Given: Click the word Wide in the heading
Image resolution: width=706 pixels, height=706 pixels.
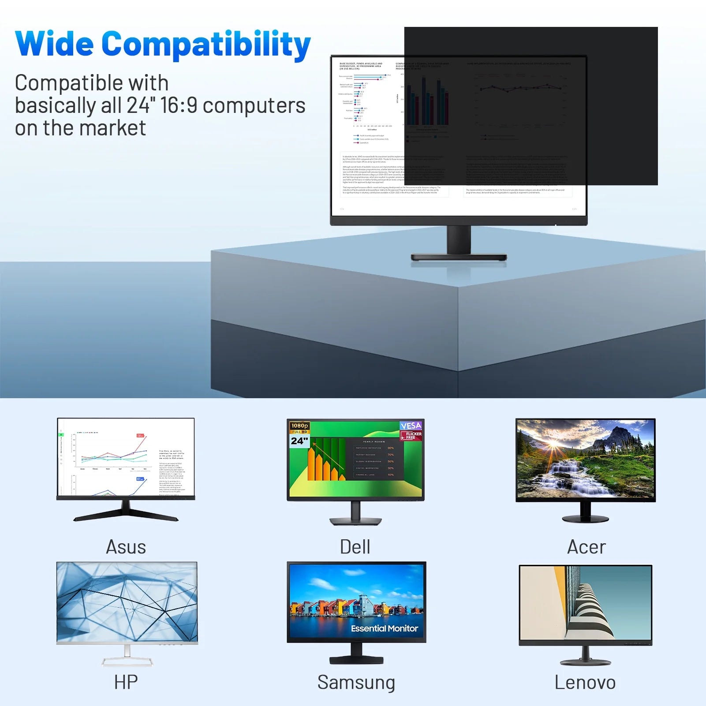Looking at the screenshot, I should pyautogui.click(x=54, y=44).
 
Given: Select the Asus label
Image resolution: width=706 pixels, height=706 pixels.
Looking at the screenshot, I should pyautogui.click(x=126, y=547).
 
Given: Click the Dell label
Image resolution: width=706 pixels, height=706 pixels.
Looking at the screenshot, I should pyautogui.click(x=355, y=547).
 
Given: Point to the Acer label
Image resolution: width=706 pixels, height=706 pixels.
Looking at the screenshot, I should pyautogui.click(x=586, y=547).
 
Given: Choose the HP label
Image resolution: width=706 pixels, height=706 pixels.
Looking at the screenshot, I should pyautogui.click(x=126, y=682).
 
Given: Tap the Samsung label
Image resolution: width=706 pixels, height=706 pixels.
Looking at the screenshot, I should pyautogui.click(x=356, y=683).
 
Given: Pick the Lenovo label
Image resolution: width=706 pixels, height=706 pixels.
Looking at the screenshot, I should pyautogui.click(x=585, y=683).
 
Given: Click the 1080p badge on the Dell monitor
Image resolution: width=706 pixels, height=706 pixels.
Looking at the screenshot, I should pyautogui.click(x=299, y=426).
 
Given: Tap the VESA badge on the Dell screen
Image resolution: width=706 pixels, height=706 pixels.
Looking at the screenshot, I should pyautogui.click(x=411, y=426).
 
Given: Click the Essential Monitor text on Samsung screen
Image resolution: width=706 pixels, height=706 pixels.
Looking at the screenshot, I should pyautogui.click(x=384, y=628).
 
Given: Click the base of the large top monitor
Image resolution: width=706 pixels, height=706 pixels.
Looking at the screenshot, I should pyautogui.click(x=459, y=257).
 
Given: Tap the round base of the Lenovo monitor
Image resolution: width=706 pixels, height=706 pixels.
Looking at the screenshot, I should pyautogui.click(x=585, y=662).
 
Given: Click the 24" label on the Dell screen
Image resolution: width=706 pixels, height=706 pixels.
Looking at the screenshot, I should pyautogui.click(x=299, y=441).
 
